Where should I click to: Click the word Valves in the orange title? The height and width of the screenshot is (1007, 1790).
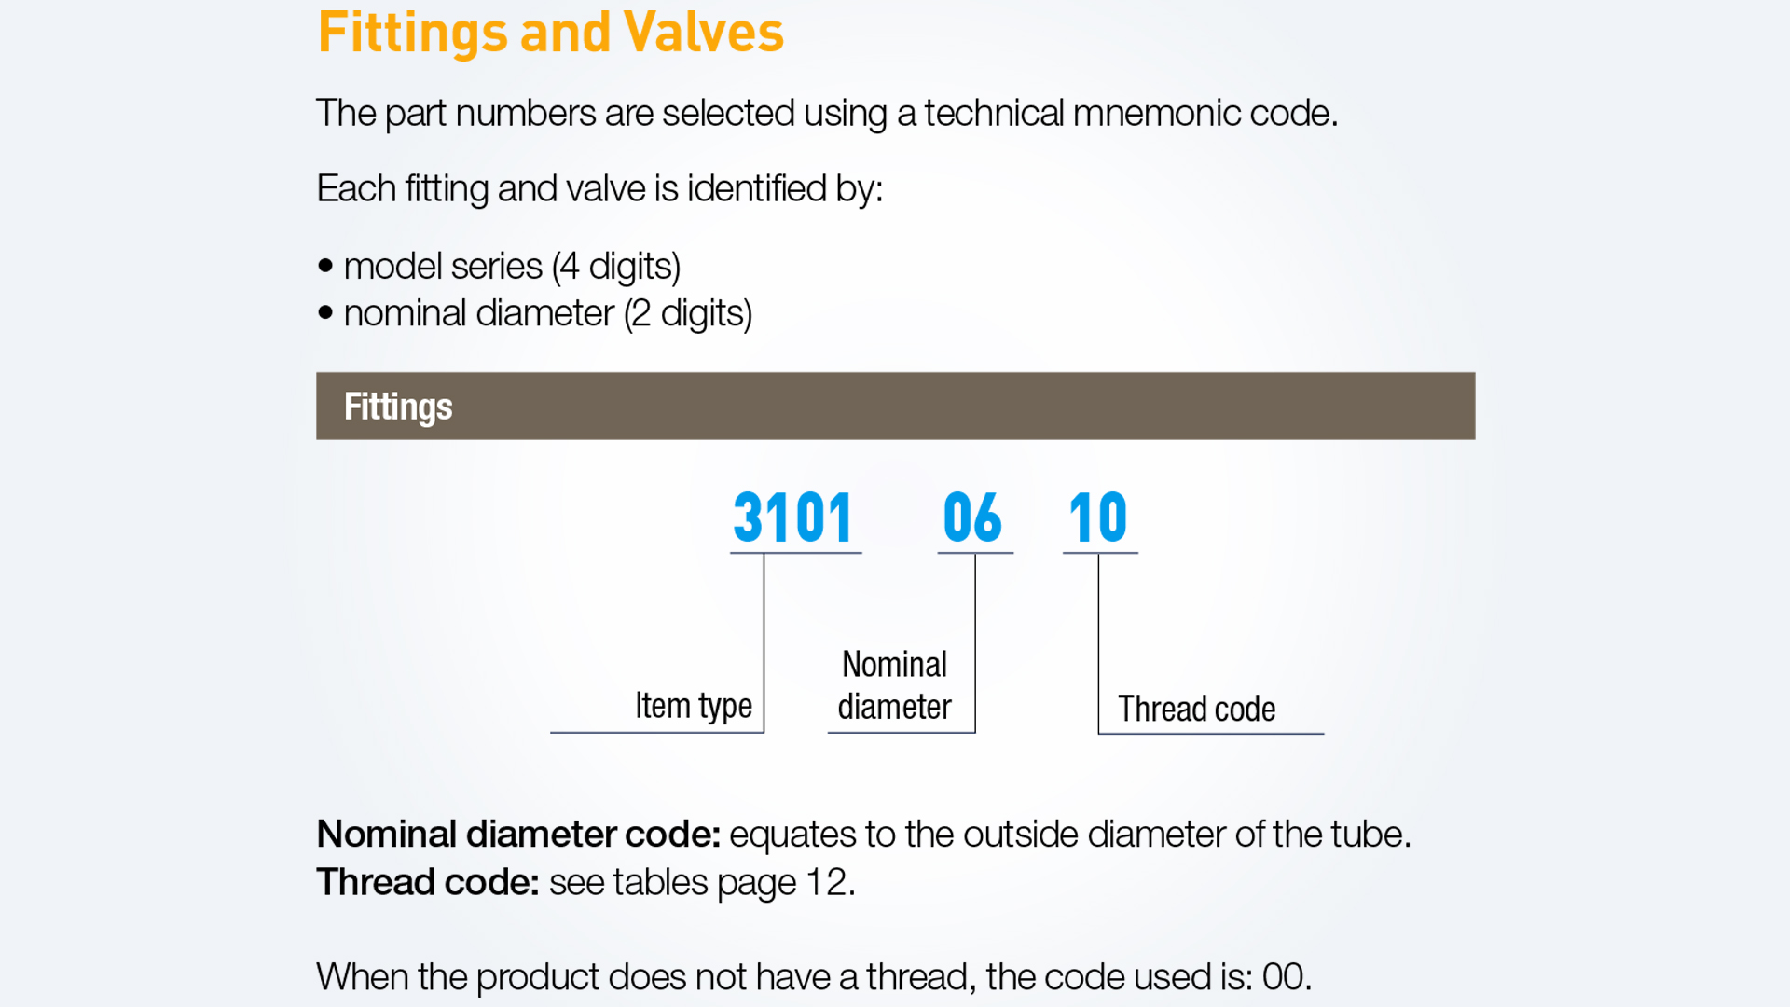704,32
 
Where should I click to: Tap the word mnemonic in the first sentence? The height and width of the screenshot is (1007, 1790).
1156,113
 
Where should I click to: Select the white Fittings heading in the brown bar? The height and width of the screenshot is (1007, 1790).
398,407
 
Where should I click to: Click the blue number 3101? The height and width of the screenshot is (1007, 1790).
793,517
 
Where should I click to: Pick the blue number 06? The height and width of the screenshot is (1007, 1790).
972,517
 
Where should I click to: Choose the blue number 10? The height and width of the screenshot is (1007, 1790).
1098,517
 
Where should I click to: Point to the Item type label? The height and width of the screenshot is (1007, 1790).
694,706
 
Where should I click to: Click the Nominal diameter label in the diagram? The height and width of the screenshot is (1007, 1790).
894,685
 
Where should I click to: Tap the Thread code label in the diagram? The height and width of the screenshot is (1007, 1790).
1197,709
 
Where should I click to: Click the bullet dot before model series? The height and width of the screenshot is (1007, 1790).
325,266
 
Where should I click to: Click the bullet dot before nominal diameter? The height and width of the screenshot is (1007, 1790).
325,312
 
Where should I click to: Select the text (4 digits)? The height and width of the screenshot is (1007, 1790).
616,267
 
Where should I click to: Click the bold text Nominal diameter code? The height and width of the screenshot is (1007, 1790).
518,834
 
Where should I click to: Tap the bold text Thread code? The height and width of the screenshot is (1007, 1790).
428,882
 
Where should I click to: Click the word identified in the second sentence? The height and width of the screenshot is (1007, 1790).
756,188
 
